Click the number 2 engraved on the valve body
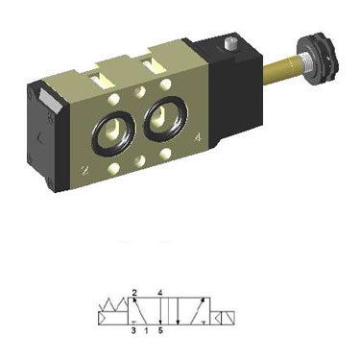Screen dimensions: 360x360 (x=84, y=170)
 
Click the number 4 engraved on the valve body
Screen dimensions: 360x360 (x=199, y=137)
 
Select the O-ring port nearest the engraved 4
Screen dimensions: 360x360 (x=165, y=118)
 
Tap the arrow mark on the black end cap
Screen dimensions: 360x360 (x=41, y=138)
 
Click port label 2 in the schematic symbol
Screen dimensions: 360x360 (x=134, y=292)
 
